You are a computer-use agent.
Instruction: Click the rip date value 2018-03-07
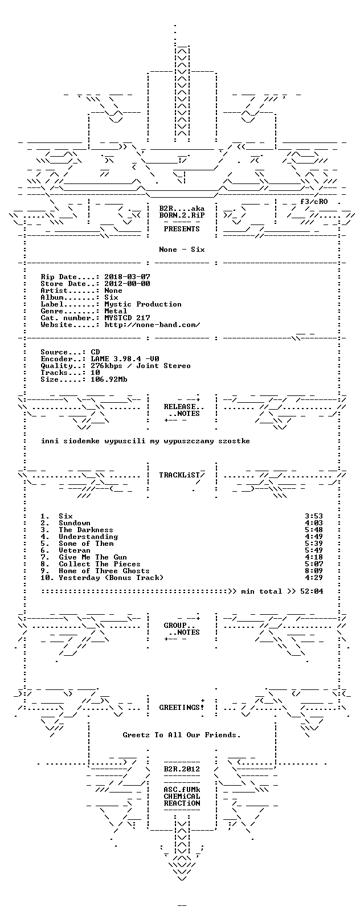click(127, 277)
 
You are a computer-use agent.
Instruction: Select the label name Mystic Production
click(143, 304)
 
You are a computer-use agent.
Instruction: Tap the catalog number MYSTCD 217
click(127, 318)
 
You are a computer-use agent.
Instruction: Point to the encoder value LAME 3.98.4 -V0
click(125, 359)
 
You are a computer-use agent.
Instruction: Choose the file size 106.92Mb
click(109, 379)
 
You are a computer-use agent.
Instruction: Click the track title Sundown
click(75, 523)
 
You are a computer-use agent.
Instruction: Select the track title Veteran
click(75, 550)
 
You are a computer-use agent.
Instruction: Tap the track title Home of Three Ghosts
click(104, 571)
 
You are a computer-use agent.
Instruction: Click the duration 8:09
click(314, 571)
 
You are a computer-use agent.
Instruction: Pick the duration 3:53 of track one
click(314, 516)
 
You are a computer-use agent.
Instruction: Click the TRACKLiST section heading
click(180, 475)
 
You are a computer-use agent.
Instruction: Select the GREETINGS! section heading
click(182, 708)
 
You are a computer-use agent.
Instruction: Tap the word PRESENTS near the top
click(182, 228)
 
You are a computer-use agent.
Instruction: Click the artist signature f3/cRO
click(314, 202)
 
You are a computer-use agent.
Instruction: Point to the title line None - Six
click(182, 250)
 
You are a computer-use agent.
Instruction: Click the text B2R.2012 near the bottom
click(182, 769)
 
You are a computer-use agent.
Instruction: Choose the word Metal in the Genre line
click(116, 311)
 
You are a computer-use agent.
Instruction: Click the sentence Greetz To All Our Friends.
click(182, 734)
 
